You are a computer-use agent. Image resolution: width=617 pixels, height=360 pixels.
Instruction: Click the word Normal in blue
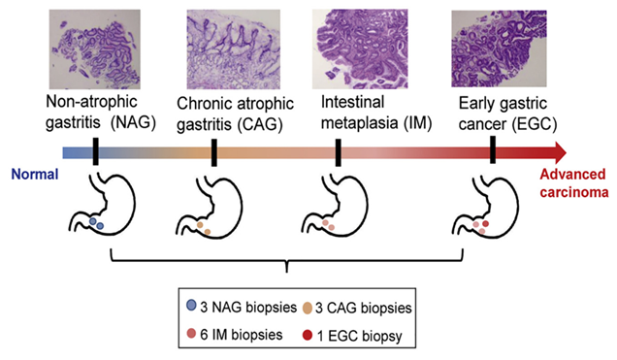35,174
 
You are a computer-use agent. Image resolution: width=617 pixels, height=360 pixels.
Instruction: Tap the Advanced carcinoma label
573,183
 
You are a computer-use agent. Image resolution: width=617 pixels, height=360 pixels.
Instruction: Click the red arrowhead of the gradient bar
560,152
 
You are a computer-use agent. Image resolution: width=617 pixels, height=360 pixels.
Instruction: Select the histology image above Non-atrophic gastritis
94,49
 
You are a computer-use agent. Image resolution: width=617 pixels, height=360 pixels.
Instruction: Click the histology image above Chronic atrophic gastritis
234,49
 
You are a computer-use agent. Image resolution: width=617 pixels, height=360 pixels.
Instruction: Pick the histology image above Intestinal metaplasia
360,49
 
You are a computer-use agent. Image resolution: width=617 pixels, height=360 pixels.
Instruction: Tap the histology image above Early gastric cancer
499,49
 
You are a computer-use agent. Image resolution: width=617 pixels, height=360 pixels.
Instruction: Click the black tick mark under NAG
95,151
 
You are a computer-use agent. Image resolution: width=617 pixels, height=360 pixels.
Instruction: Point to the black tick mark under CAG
214,152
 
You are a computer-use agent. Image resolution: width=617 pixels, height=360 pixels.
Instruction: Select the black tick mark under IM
338,152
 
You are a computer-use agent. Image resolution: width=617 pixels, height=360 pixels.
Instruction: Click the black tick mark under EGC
493,149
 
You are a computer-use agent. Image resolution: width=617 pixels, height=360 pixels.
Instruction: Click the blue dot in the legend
191,306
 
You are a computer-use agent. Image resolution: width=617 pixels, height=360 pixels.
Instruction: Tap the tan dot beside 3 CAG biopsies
308,308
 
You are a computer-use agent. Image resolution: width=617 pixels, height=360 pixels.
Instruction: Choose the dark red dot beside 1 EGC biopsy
308,335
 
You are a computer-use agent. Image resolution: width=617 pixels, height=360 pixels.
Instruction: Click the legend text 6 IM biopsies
242,335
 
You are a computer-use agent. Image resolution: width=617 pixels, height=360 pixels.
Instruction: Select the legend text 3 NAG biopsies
248,307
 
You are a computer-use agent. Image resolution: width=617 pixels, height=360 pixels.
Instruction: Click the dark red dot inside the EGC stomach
486,223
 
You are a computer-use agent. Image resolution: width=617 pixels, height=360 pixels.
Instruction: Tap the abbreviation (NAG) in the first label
134,123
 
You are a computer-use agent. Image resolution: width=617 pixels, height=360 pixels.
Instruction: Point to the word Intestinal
352,102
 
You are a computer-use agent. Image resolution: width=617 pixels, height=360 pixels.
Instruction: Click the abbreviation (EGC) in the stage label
535,124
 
